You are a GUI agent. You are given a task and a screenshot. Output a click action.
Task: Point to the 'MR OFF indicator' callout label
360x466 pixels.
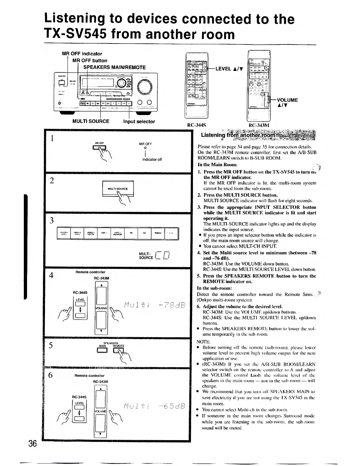click(82, 54)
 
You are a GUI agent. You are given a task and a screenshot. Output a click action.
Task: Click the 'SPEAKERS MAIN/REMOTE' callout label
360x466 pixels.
click(114, 67)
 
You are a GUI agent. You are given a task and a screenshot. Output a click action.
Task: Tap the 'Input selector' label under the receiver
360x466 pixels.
click(139, 122)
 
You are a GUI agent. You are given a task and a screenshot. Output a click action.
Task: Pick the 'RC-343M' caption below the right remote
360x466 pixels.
click(259, 125)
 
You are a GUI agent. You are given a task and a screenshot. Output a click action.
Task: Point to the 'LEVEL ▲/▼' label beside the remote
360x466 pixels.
click(229, 69)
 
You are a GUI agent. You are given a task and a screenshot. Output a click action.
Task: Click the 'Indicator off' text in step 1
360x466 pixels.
click(152, 159)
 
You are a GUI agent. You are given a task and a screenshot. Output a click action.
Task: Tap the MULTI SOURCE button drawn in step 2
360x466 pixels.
click(118, 189)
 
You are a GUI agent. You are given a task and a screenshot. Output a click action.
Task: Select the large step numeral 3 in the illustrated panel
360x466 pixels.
click(52, 220)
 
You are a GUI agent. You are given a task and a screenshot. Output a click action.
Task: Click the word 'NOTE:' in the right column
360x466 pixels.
click(203, 342)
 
